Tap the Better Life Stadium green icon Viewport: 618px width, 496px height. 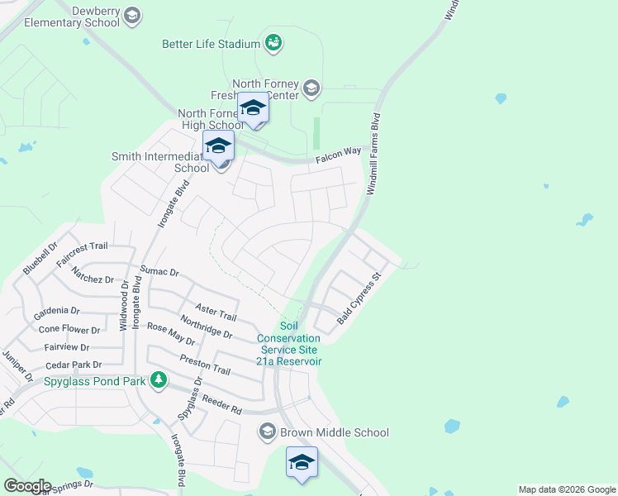pos(274,42)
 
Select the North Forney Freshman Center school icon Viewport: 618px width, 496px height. pos(311,88)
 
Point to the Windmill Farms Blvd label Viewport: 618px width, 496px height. pos(373,154)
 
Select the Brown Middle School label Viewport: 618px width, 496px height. pos(334,432)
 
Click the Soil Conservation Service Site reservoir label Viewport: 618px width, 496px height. pos(288,344)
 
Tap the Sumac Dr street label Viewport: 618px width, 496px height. pos(159,271)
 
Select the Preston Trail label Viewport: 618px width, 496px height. pos(205,364)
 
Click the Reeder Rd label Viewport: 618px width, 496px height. pos(220,405)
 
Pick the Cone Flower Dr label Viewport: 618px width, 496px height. pos(69,329)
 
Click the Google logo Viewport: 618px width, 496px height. pos(27,486)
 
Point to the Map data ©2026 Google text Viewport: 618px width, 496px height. pos(566,489)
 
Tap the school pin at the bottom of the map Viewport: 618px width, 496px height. pos(302,462)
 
